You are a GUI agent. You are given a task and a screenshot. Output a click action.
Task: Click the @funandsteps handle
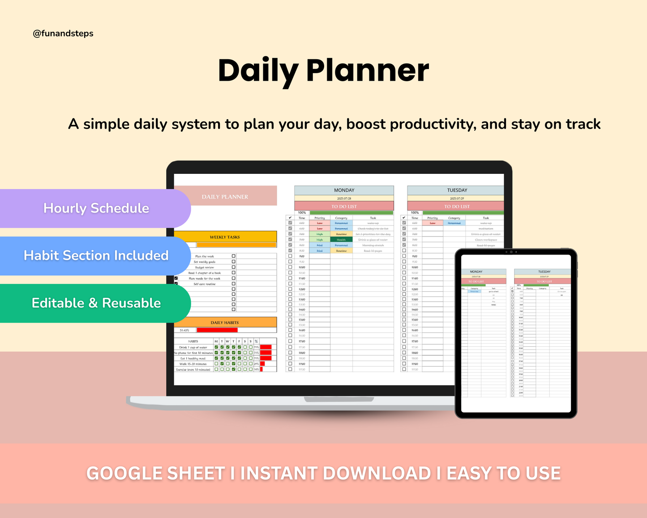pos(63,34)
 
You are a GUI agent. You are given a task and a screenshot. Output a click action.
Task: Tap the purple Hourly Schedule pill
pos(96,208)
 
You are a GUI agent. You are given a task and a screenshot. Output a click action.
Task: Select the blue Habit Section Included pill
pos(96,256)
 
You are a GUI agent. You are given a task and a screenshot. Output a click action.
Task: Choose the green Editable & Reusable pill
pos(96,303)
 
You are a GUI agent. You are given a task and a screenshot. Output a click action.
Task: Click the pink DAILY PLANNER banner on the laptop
pos(225,196)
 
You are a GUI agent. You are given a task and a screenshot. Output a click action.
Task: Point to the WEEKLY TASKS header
pos(225,237)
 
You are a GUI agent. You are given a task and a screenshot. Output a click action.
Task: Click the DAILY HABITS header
pos(225,323)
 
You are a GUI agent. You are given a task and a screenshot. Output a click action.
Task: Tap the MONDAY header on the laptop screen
pos(344,190)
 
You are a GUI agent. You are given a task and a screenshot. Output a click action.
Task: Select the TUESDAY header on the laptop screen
pos(457,190)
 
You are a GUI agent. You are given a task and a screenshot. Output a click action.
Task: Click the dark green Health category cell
pos(341,240)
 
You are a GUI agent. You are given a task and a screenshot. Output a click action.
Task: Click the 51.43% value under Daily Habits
pos(184,330)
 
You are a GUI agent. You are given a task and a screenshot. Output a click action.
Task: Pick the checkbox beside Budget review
pos(233,267)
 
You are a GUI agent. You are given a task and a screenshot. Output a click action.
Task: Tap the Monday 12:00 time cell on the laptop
pos(302,289)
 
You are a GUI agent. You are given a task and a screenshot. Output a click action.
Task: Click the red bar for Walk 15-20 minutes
pos(262,364)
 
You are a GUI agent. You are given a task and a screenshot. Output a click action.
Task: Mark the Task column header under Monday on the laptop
pos(373,218)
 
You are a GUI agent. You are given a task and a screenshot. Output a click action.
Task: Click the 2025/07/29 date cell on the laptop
pos(457,198)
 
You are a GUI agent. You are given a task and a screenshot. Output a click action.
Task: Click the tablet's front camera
pos(510,252)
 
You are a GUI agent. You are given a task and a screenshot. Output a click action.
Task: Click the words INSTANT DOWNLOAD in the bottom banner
pos(336,474)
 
